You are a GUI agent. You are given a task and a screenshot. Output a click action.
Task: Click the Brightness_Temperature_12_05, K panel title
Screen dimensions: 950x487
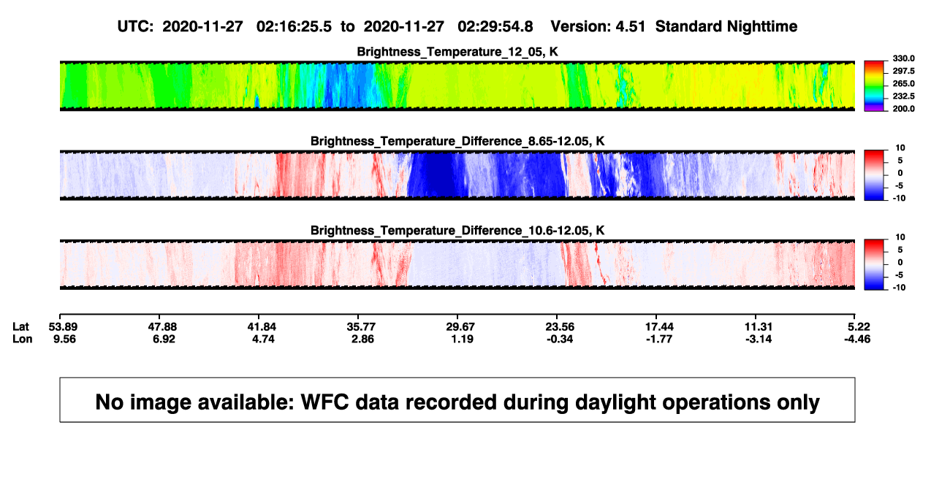pos(457,52)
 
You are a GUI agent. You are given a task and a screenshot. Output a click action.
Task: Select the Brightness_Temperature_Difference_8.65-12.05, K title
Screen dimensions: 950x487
pos(457,141)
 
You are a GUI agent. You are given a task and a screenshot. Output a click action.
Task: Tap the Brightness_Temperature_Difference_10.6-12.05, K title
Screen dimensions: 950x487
pos(457,231)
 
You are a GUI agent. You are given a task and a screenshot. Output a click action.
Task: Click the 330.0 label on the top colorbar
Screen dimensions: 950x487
pos(903,58)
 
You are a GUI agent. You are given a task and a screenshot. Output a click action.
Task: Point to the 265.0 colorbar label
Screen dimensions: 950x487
pos(903,83)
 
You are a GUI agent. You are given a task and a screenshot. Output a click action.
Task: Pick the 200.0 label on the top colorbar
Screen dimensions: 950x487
pos(903,109)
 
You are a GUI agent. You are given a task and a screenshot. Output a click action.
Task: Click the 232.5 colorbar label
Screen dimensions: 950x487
pos(903,96)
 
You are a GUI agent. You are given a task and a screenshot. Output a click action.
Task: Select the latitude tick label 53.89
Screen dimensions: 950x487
pos(63,327)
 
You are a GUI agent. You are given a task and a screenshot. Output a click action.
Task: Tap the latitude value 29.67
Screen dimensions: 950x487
pos(460,327)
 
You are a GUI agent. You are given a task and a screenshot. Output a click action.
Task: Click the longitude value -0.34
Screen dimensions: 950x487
pos(560,339)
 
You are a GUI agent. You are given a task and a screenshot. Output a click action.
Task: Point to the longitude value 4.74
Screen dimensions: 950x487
pos(263,339)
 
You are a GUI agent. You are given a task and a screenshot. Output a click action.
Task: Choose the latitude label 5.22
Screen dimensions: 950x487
pos(859,327)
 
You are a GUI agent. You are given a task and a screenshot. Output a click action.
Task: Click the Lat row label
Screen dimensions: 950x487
pos(20,327)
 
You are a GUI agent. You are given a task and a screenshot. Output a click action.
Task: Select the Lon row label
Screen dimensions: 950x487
pos(23,339)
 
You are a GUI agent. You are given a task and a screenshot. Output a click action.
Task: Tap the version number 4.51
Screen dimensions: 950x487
pos(630,27)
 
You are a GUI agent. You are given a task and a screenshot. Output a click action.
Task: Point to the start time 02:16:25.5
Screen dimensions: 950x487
pos(294,27)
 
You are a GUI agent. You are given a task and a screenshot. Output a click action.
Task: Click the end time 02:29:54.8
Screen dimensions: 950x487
pos(495,27)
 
